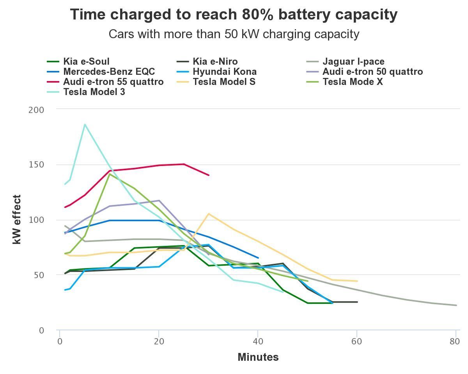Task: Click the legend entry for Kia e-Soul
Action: click(x=86, y=62)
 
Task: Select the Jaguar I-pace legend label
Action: click(x=353, y=62)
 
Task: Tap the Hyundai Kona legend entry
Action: click(x=224, y=72)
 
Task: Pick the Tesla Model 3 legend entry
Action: click(x=94, y=92)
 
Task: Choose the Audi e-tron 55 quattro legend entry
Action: click(x=113, y=82)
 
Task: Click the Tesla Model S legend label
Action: click(x=224, y=82)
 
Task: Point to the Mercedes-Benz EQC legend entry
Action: click(x=109, y=72)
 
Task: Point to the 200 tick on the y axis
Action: click(x=36, y=110)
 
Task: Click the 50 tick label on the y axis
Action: click(x=39, y=275)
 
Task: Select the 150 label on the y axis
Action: click(x=36, y=165)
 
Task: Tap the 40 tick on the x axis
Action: click(x=258, y=342)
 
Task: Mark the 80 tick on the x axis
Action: click(x=454, y=342)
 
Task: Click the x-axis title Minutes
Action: click(x=258, y=357)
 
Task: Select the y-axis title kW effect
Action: click(x=17, y=219)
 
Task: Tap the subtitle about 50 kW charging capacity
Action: click(x=234, y=34)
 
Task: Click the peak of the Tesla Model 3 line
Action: click(x=85, y=125)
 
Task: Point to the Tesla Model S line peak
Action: click(x=209, y=213)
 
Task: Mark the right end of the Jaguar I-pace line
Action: click(x=456, y=305)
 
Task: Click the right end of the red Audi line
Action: click(x=209, y=175)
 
